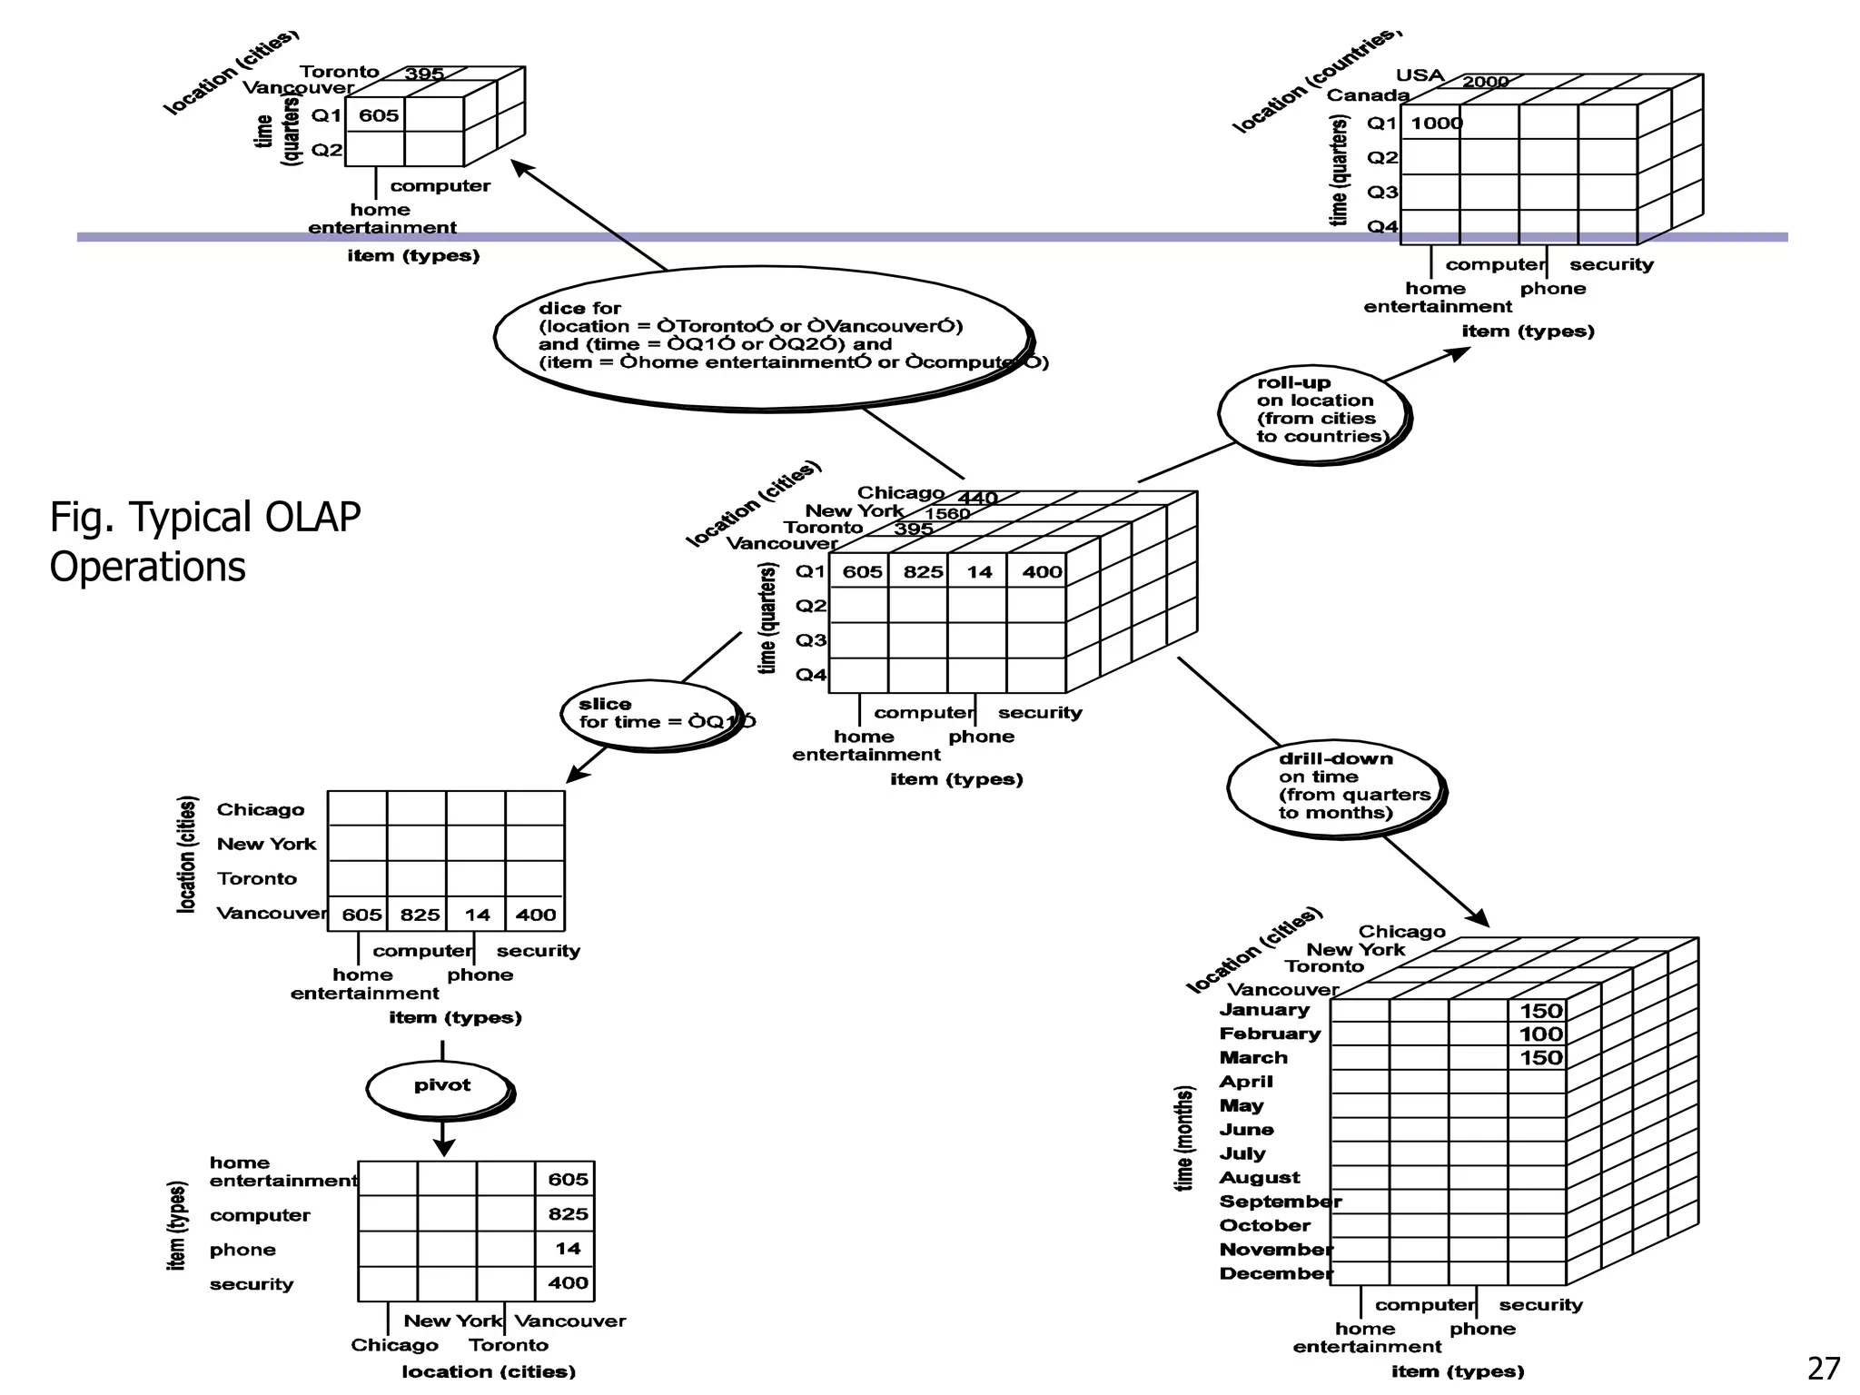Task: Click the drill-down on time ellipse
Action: [1335, 787]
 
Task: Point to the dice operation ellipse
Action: [763, 336]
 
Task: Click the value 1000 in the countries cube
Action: [1437, 124]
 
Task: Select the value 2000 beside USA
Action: [1485, 82]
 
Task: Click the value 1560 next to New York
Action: [947, 514]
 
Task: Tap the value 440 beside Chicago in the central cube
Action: [977, 498]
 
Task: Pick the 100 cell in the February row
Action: [1540, 1034]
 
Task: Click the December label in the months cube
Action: [1275, 1273]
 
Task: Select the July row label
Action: [1242, 1153]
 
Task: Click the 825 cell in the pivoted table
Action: [568, 1214]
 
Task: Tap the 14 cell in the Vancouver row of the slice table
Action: [477, 915]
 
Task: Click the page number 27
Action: [1824, 1368]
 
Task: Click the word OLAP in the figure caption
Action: [312, 518]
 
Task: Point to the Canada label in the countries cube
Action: [1367, 95]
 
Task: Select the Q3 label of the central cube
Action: [811, 640]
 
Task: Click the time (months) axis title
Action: [1184, 1138]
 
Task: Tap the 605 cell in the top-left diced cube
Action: [378, 115]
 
